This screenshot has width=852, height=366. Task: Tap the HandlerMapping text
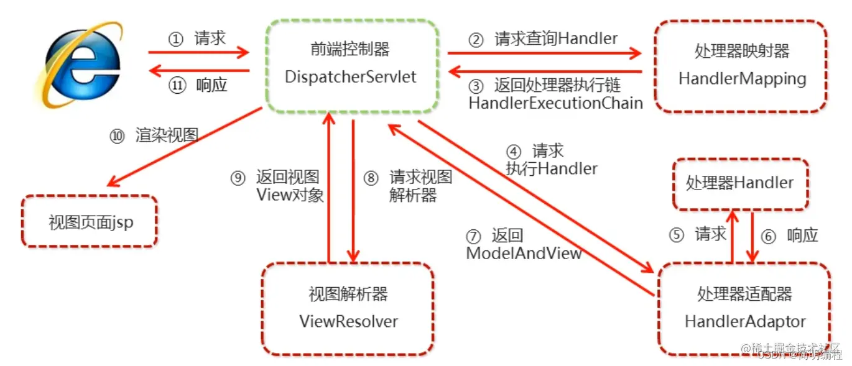pyautogui.click(x=742, y=79)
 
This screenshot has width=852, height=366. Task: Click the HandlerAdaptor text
pyautogui.click(x=745, y=321)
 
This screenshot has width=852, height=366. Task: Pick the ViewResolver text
pyautogui.click(x=348, y=321)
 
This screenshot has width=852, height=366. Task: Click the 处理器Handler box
pyautogui.click(x=739, y=183)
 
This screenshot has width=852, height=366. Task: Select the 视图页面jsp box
pyautogui.click(x=91, y=222)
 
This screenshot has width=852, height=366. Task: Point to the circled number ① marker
pyautogui.click(x=176, y=39)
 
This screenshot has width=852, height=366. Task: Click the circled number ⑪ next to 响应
pyautogui.click(x=177, y=86)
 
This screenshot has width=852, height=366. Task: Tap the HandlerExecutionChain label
pyautogui.click(x=555, y=103)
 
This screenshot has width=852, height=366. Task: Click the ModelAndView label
pyautogui.click(x=524, y=253)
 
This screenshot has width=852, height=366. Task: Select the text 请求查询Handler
pyautogui.click(x=556, y=39)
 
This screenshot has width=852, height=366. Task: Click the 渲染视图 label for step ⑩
pyautogui.click(x=167, y=135)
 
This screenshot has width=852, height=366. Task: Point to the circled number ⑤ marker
pyautogui.click(x=677, y=235)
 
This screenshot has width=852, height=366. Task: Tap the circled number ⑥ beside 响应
pyautogui.click(x=769, y=236)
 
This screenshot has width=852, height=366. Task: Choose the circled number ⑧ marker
pyautogui.click(x=371, y=178)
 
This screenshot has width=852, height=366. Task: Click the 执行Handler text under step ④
pyautogui.click(x=551, y=168)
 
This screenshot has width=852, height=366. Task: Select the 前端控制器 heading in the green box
pyautogui.click(x=350, y=49)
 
